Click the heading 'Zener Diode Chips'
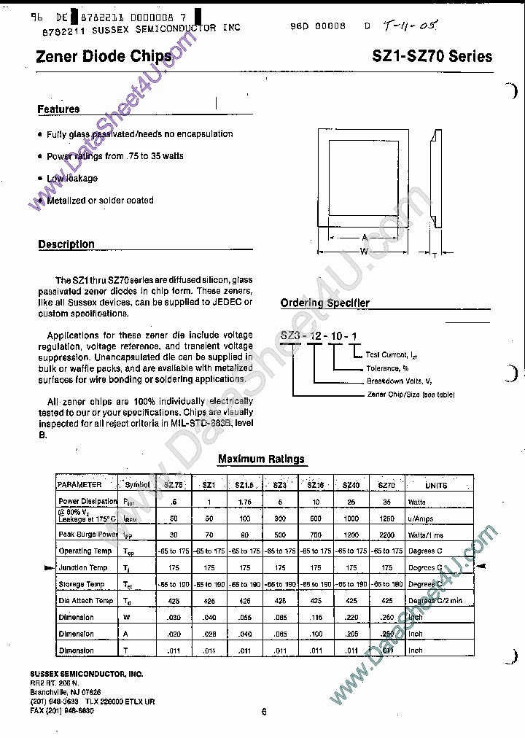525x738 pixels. point(104,56)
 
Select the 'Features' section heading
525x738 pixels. point(58,109)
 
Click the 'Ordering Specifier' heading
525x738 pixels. point(324,303)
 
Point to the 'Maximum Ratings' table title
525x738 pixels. point(261,459)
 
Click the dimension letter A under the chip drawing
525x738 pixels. point(363,237)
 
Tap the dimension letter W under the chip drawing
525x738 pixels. point(363,252)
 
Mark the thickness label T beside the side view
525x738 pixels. point(435,255)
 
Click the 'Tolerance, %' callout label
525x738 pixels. point(387,368)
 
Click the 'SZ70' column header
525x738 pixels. point(386,484)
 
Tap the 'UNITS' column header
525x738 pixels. point(436,484)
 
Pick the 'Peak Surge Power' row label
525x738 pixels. point(87,535)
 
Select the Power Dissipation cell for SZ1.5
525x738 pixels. point(244,502)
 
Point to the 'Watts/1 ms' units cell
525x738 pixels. point(425,535)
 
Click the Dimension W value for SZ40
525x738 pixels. point(351,617)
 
